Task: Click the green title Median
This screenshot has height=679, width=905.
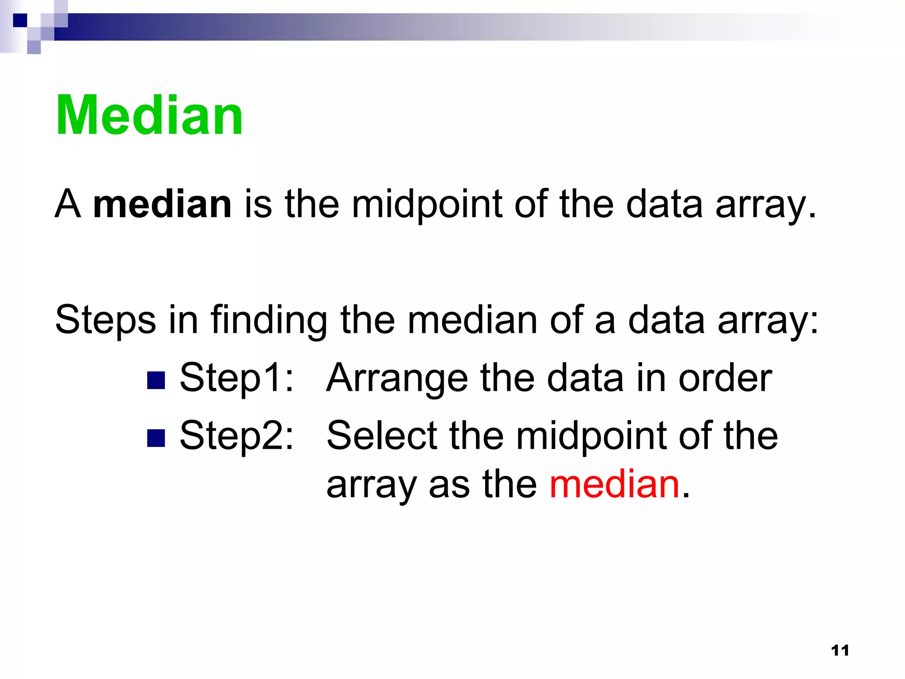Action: point(149,116)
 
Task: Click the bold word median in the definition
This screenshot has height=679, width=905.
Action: point(162,204)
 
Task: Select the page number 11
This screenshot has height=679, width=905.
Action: point(840,650)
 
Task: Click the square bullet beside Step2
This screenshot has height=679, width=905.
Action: point(156,438)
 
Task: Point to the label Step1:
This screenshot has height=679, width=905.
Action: point(236,378)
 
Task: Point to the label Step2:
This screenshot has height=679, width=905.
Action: point(236,436)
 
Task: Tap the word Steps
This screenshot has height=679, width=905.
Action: point(105,320)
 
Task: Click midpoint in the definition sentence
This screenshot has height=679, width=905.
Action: point(427,204)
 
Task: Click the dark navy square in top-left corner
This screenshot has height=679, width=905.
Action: point(20,20)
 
